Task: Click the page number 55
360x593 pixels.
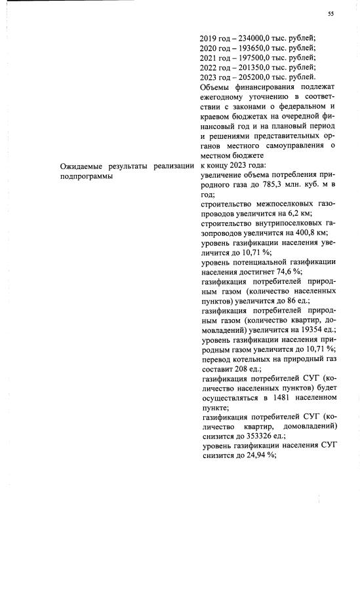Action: click(330, 14)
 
